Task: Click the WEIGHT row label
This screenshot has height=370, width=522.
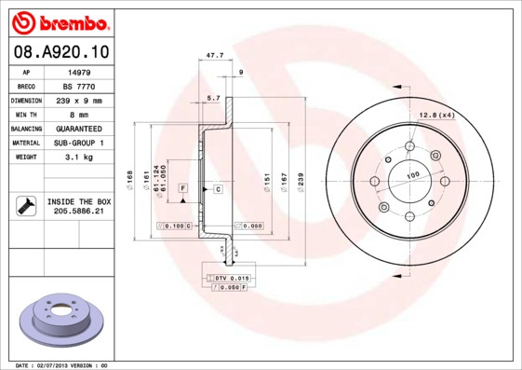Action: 24,158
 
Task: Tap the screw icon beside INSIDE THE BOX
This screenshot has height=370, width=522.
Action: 24,207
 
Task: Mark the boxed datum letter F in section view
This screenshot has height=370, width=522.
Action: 183,189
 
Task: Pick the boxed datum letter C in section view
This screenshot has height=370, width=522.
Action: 218,189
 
